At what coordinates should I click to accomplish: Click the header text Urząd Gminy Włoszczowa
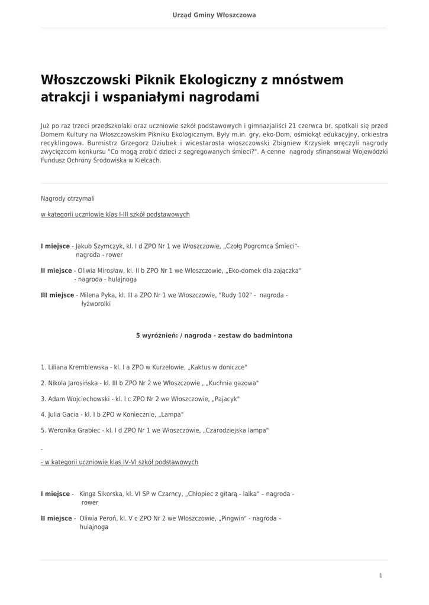214,15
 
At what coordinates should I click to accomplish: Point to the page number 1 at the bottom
380,575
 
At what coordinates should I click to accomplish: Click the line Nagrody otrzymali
67,199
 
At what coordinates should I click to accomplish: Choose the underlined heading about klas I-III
115,214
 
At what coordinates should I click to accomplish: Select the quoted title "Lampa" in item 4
172,415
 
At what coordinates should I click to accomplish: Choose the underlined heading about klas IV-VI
121,462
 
